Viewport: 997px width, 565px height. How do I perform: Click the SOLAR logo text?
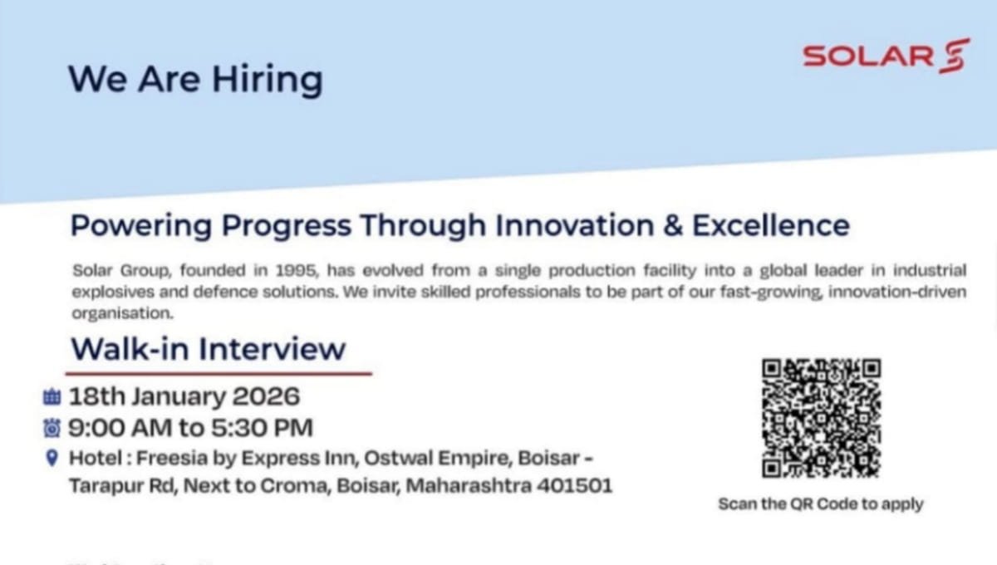(868, 56)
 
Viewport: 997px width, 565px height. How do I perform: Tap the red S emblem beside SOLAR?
(955, 56)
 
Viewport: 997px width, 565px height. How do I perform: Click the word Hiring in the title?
(267, 80)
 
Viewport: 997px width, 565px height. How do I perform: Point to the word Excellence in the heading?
(770, 225)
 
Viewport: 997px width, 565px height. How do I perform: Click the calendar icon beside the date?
(52, 396)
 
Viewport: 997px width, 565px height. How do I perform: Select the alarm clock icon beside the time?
(52, 428)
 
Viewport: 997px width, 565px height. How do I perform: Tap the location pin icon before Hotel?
(52, 458)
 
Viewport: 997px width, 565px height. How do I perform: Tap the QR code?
(821, 418)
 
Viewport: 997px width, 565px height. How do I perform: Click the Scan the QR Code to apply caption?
(820, 504)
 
